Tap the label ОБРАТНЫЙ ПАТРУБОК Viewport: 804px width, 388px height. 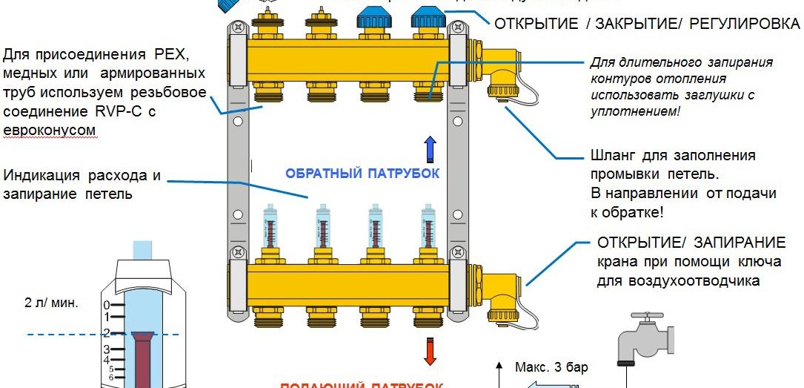362,174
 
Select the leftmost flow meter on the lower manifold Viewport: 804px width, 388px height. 268,228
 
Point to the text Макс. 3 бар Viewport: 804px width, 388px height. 551,366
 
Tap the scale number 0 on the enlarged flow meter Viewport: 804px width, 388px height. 107,305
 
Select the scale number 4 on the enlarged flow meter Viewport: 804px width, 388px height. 107,360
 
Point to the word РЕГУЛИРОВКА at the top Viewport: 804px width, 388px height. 744,23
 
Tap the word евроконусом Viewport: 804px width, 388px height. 50,130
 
